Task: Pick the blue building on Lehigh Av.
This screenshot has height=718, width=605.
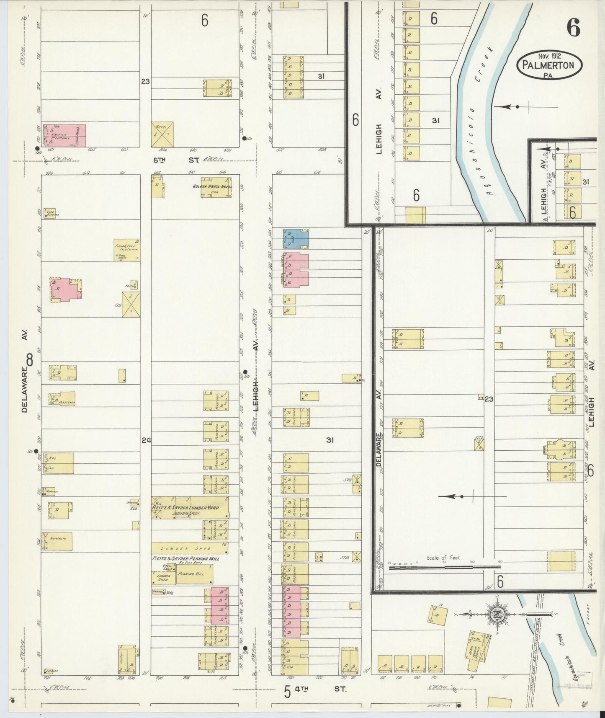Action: pos(296,239)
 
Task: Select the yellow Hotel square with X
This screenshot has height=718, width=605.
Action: pos(162,134)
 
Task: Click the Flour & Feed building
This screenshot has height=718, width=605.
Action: pos(127,250)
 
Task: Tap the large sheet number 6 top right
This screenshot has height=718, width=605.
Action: pos(573,28)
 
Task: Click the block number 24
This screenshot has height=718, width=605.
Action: pos(146,440)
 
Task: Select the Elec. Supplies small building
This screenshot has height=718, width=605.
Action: pos(51,213)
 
